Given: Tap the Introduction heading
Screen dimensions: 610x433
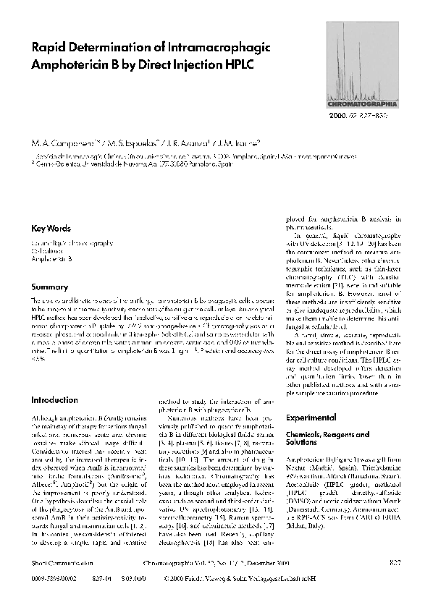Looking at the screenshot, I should [x=54, y=400].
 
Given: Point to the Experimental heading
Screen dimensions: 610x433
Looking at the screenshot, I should [x=312, y=418].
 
